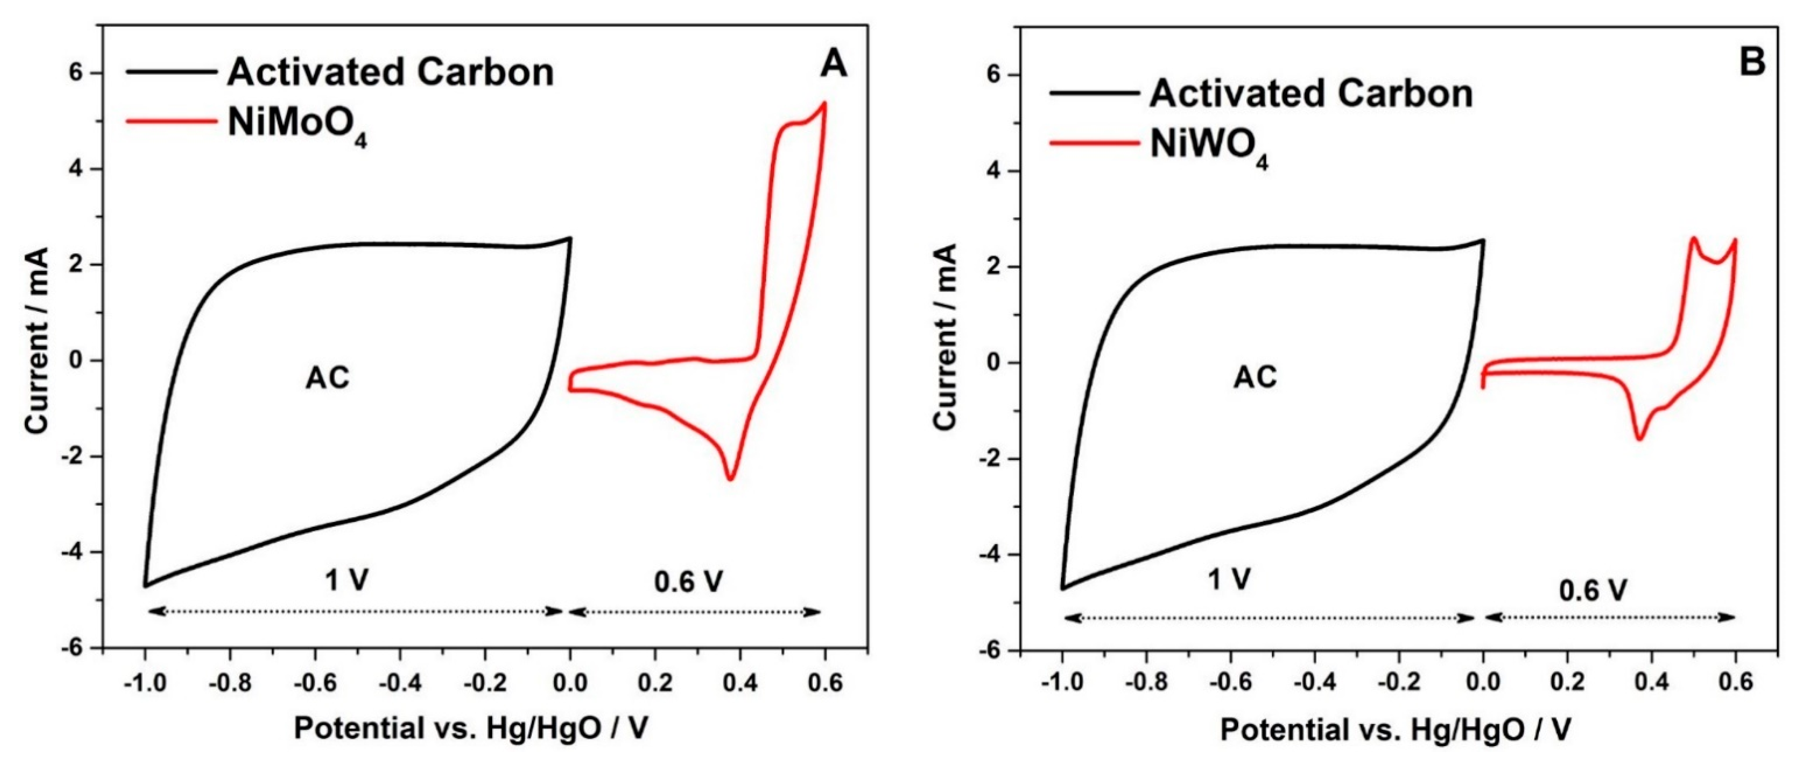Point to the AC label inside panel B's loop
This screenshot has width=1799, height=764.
pyautogui.click(x=1255, y=378)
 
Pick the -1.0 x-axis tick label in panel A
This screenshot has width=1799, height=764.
pyautogui.click(x=145, y=682)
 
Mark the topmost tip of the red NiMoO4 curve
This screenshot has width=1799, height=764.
pyautogui.click(x=825, y=103)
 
